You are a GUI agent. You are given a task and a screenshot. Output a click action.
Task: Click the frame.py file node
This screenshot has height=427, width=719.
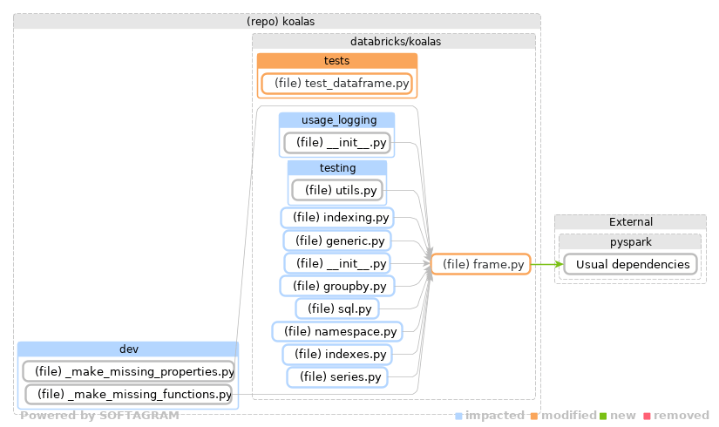point(482,264)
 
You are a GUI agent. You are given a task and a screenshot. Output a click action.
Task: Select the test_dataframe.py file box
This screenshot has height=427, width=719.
point(337,84)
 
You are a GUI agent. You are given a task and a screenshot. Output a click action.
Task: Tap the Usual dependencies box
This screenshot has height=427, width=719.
point(630,264)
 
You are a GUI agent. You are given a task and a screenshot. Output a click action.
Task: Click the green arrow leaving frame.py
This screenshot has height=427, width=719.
point(545,264)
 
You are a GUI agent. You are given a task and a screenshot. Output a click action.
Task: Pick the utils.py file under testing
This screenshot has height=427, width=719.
point(337,189)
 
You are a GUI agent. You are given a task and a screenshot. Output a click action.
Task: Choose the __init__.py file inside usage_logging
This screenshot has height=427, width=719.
point(337,143)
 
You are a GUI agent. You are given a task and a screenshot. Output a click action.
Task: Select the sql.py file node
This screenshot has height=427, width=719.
point(337,308)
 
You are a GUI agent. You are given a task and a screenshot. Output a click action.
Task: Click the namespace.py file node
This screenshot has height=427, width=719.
point(337,331)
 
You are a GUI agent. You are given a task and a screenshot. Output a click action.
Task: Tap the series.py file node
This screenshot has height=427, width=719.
point(337,376)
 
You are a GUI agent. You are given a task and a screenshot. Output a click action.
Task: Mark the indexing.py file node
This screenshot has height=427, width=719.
point(337,217)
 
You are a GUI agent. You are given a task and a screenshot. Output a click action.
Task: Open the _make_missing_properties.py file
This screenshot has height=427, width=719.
point(128,372)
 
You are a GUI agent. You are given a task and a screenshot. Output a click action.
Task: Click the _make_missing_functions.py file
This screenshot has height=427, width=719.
point(128,395)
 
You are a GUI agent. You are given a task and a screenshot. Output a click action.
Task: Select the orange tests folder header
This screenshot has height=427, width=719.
point(337,60)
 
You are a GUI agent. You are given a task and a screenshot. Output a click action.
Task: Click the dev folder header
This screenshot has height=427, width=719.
point(128,349)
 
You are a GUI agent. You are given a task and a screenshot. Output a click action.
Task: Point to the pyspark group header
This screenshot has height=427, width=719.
point(630,241)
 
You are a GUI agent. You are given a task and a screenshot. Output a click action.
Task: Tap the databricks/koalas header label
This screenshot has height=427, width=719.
point(394,41)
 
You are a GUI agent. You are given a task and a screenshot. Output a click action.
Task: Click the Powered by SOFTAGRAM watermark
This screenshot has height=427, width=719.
point(99,416)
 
